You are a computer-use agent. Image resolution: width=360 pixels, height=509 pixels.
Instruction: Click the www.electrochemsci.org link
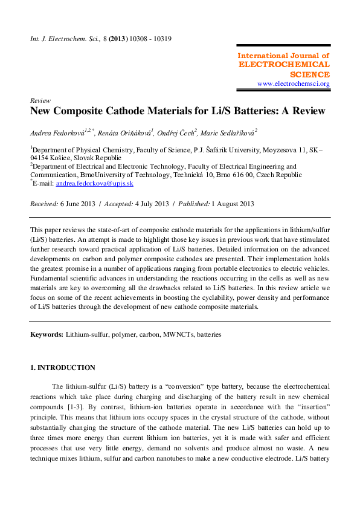pyautogui.click(x=293, y=84)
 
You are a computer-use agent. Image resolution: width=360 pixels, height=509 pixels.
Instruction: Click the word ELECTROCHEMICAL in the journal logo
pyautogui.click(x=284, y=64)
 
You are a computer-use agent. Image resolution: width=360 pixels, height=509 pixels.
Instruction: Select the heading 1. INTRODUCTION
pyautogui.click(x=63, y=368)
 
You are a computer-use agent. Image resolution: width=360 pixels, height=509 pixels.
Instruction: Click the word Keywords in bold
pyautogui.click(x=47, y=334)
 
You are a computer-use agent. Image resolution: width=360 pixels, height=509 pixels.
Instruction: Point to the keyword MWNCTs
pyautogui.click(x=175, y=334)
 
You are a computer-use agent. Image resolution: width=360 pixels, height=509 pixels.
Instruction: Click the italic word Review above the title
pyautogui.click(x=40, y=100)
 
